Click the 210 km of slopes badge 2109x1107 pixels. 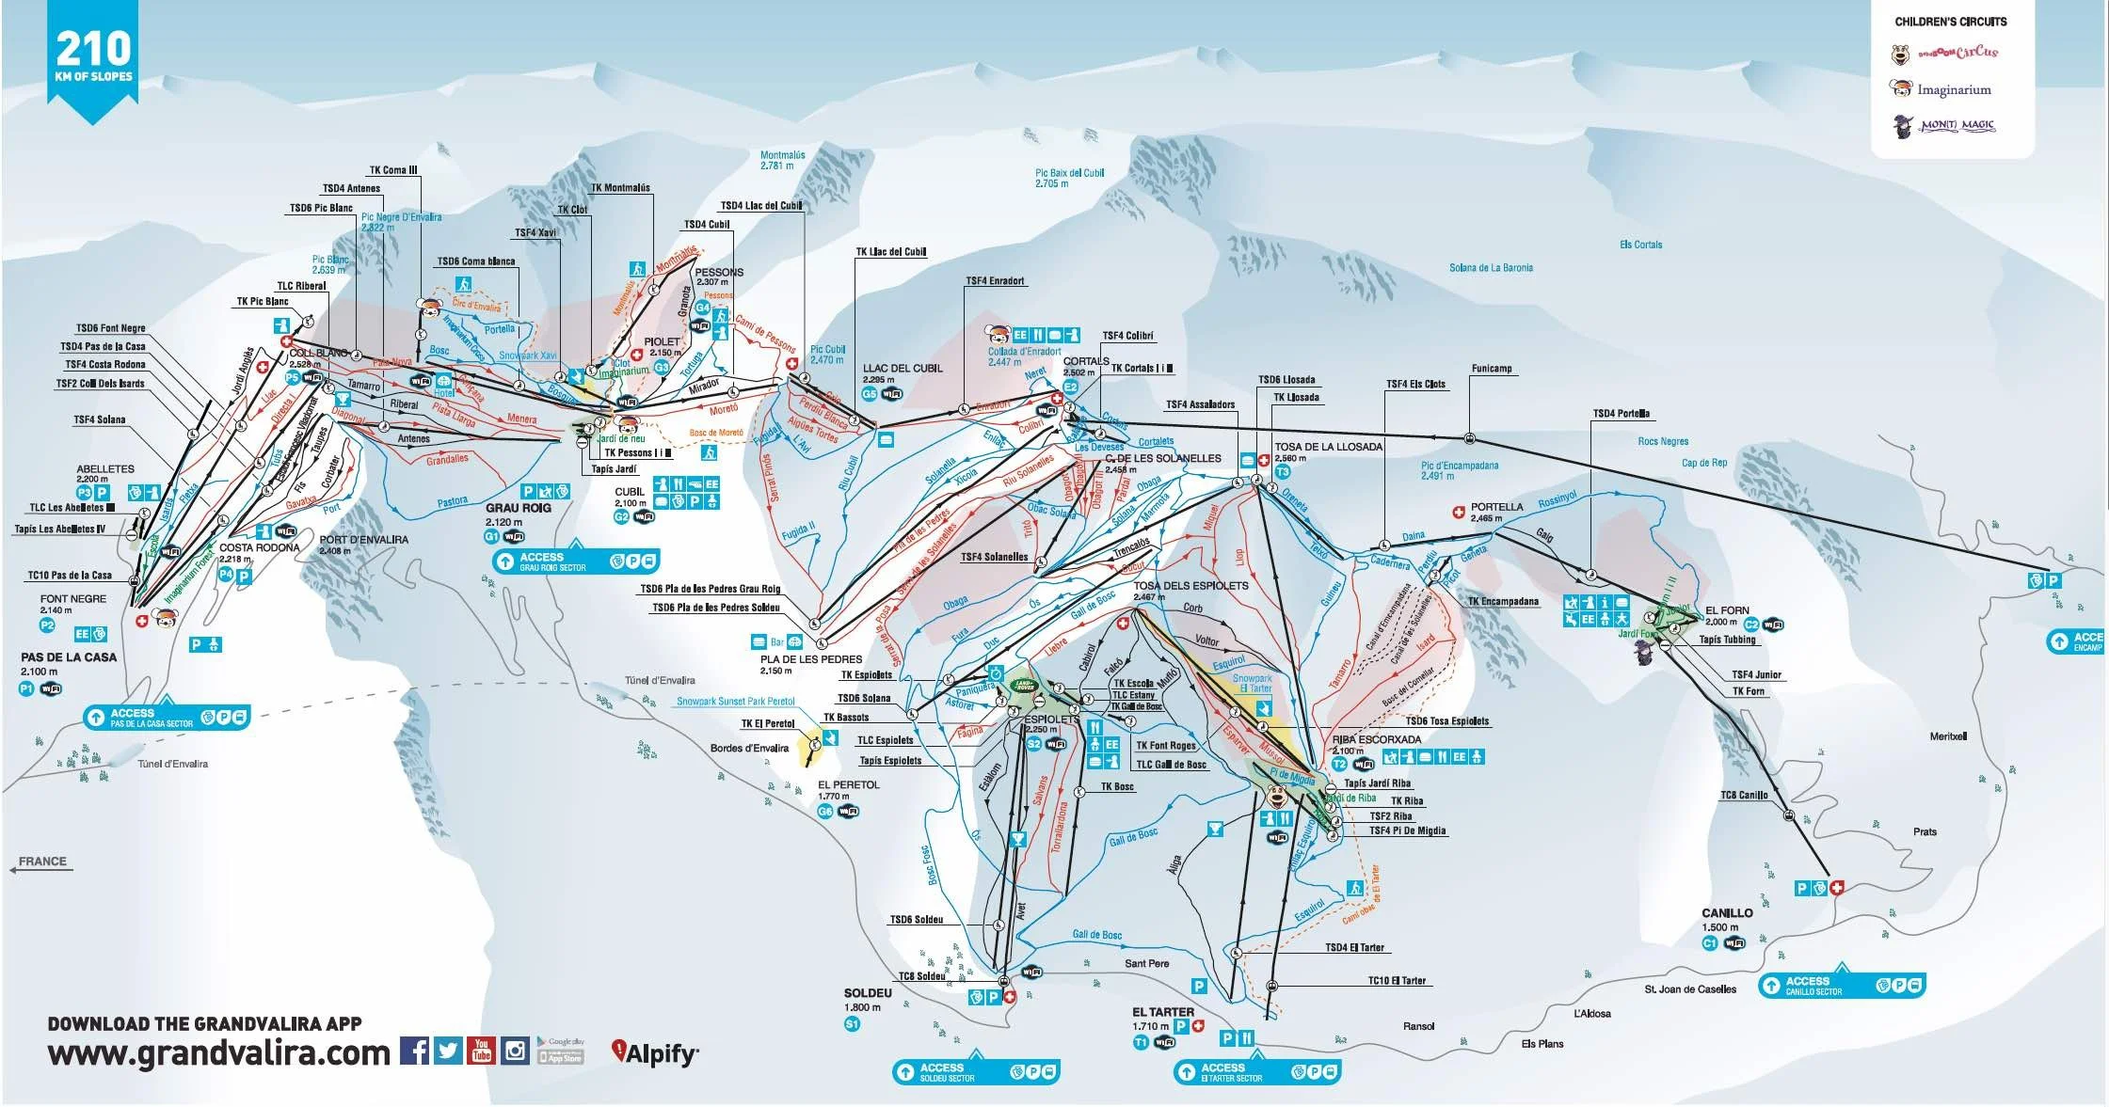94,56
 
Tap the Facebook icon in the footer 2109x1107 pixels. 414,1050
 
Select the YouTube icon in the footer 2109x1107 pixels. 481,1050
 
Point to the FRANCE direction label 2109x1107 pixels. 43,862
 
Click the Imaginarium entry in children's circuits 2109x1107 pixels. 1954,90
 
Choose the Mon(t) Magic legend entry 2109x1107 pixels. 1957,125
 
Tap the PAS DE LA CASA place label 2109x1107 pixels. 70,657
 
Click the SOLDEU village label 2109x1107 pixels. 868,993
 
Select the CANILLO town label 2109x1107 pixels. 1727,913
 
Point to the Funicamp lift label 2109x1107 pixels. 1492,369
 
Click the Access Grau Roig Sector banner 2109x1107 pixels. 574,561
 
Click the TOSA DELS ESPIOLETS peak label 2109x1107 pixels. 1190,585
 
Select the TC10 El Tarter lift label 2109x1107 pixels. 1397,981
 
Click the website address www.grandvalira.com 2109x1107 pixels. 218,1053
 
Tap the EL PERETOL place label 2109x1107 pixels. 849,784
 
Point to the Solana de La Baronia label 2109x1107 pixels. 1491,268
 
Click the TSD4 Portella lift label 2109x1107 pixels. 1621,414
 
